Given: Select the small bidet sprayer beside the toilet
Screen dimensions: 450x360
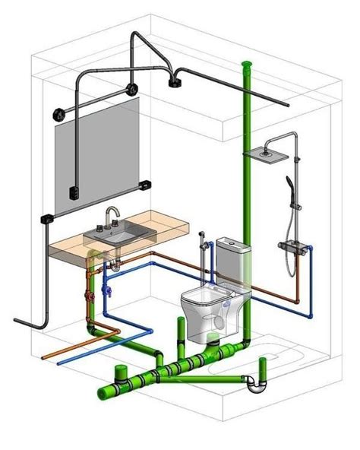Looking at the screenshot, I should coord(201,236).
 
